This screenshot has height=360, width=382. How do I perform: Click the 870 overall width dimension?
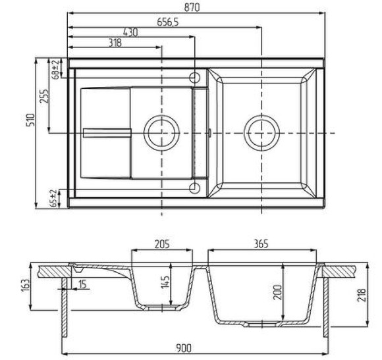click(x=193, y=7)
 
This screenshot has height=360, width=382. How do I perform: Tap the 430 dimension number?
click(x=130, y=32)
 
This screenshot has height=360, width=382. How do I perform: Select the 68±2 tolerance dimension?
click(x=55, y=68)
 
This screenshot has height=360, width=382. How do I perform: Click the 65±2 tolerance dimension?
click(x=55, y=198)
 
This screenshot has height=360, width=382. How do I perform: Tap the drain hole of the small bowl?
click(x=161, y=132)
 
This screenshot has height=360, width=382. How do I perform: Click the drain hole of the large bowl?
click(x=262, y=132)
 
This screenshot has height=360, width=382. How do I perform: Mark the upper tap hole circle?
click(x=195, y=74)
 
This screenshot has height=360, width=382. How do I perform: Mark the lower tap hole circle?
click(x=195, y=190)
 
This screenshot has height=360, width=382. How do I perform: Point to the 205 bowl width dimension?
click(x=162, y=244)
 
